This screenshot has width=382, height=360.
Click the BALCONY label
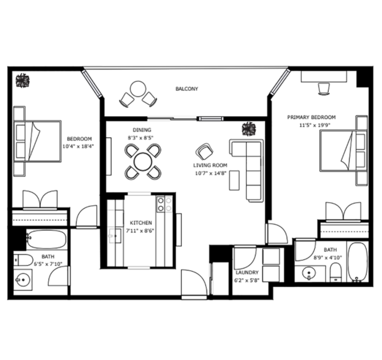[187, 88]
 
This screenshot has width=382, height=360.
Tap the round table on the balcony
[138, 89]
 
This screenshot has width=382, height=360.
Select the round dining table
[143, 161]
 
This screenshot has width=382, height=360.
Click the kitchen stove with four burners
[164, 204]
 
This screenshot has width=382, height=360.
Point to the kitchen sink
[115, 236]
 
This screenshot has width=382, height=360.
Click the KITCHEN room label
[141, 223]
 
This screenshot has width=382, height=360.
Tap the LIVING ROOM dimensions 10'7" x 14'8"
[211, 173]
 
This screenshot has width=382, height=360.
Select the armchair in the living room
[205, 151]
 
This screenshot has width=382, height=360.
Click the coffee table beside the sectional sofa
[234, 180]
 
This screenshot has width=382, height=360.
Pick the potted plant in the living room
[249, 129]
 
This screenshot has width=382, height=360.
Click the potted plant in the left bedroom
[23, 80]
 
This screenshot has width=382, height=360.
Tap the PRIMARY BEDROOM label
[311, 117]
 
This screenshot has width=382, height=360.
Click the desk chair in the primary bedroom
[324, 88]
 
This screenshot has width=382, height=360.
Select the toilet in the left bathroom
[23, 260]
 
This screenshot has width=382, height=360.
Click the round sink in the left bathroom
[23, 280]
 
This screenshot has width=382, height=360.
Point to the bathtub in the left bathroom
[46, 240]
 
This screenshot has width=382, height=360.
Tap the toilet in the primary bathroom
[336, 272]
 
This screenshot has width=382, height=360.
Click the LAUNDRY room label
[247, 272]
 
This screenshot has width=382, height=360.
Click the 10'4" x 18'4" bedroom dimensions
[78, 146]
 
